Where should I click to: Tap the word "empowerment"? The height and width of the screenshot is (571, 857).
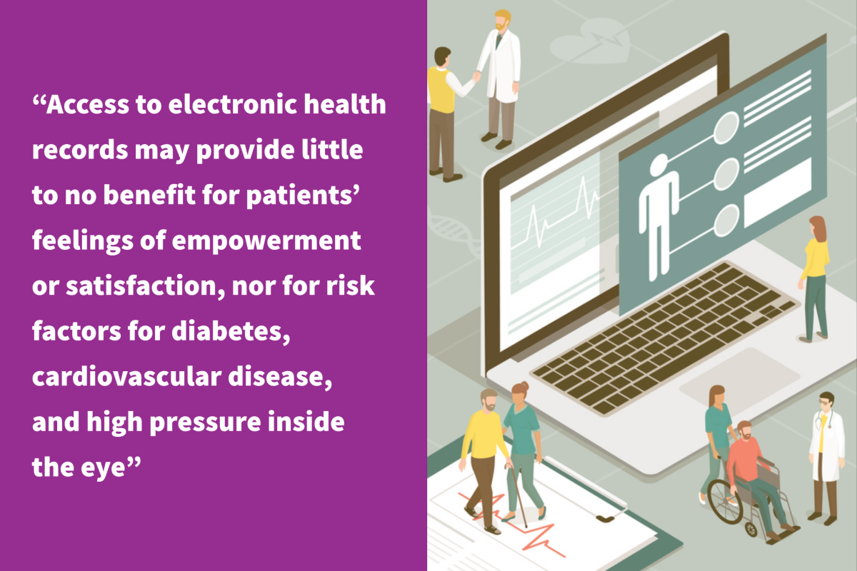[x=266, y=242]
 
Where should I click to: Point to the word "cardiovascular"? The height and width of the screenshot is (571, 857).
[x=126, y=376]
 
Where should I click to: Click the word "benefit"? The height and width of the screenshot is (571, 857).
[x=149, y=194]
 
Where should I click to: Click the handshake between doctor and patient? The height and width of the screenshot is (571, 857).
[x=476, y=76]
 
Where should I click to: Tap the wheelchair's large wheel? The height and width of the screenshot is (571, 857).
[x=724, y=501]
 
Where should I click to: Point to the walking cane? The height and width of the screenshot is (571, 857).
[x=518, y=496]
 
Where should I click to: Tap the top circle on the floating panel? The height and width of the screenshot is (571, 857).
[x=726, y=128]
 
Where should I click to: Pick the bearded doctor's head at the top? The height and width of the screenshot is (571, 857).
[x=501, y=20]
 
